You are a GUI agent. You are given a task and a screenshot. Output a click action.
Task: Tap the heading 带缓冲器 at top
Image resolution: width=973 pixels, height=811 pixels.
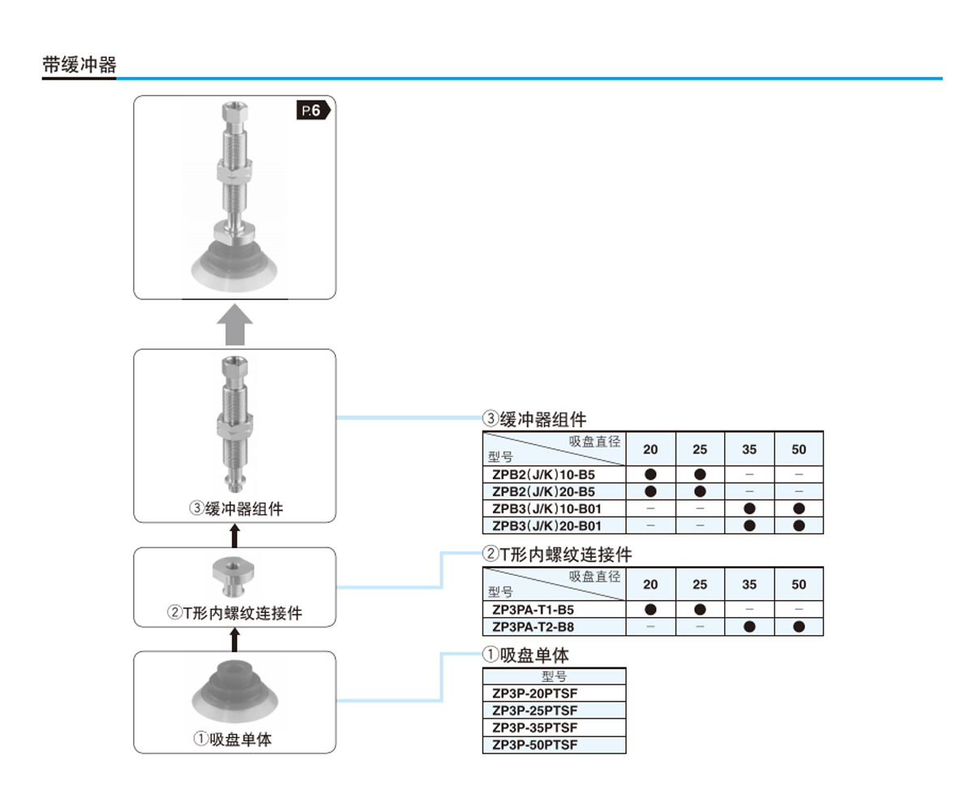79,66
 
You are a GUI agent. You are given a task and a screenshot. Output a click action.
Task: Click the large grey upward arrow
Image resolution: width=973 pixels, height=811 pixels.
234,324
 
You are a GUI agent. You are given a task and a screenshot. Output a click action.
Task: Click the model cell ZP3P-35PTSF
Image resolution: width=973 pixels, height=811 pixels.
534,727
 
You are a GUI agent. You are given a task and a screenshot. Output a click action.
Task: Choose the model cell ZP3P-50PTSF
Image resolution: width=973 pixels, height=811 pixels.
534,744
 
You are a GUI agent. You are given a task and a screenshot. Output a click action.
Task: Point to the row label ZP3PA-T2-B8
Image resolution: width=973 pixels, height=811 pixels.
534,626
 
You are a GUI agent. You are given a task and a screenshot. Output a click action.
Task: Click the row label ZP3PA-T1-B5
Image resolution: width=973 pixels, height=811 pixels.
534,609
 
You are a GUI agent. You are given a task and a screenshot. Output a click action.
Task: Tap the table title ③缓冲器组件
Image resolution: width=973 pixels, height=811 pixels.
534,419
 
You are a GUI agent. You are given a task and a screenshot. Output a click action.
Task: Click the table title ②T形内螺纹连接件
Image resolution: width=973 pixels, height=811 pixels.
557,555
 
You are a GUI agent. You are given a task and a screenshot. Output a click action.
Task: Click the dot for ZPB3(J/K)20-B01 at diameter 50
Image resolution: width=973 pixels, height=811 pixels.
799,526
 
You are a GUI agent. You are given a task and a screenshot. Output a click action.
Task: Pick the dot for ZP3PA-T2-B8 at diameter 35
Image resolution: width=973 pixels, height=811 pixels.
749,626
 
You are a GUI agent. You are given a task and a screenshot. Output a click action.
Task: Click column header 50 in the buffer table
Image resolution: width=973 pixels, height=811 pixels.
799,449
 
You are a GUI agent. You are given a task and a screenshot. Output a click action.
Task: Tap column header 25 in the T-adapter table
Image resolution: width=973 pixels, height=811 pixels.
700,584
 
